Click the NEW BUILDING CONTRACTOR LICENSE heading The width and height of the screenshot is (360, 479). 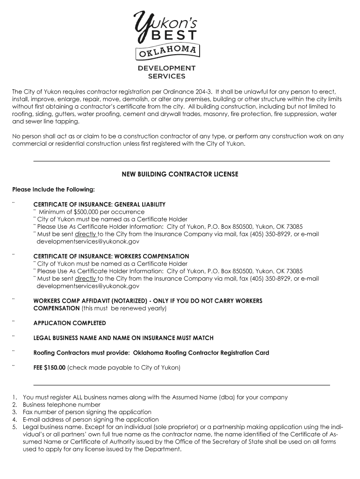[x=180, y=174]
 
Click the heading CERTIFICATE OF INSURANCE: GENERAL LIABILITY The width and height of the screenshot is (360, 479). [x=99, y=204]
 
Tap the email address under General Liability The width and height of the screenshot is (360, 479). [x=88, y=241]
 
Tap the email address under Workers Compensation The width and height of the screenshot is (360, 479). [x=88, y=286]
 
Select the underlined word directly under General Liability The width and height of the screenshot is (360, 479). [x=86, y=234]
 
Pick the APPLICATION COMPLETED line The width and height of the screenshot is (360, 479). [x=70, y=323]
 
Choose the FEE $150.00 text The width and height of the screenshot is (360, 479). [x=49, y=368]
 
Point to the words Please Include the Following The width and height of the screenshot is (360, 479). [x=53, y=189]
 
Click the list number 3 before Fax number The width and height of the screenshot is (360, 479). [x=14, y=412]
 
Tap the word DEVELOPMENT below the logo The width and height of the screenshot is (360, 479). [x=166, y=68]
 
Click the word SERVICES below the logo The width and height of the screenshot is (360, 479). [x=166, y=76]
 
